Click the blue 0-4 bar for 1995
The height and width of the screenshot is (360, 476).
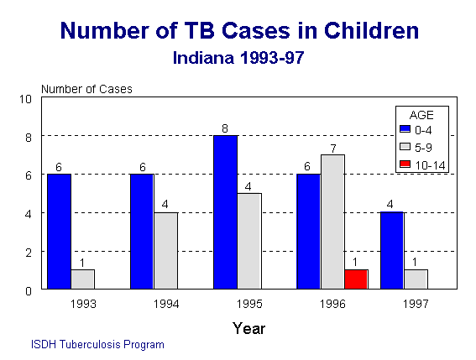225,212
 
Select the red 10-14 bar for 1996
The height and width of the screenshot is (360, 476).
357,279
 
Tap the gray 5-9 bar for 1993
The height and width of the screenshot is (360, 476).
83,279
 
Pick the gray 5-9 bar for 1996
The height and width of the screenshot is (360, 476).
332,222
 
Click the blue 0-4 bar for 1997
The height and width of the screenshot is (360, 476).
392,250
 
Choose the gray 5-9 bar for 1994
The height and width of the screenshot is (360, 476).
166,251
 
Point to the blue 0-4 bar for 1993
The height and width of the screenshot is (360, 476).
60,232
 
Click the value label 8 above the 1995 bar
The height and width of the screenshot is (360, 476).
225,128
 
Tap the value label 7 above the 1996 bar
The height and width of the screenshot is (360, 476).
333,149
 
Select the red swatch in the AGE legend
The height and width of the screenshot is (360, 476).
405,164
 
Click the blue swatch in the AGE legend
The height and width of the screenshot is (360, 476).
405,129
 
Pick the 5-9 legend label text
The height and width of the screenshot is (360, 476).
423,148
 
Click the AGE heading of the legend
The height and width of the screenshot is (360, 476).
421,115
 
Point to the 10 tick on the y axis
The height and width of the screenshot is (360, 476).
25,99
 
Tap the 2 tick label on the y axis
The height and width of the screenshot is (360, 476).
29,253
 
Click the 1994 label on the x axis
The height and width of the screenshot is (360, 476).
166,304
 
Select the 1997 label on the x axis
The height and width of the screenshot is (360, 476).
416,304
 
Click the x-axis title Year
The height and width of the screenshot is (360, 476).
249,328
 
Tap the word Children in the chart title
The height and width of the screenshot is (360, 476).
372,31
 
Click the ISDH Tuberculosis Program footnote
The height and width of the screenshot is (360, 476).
97,345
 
